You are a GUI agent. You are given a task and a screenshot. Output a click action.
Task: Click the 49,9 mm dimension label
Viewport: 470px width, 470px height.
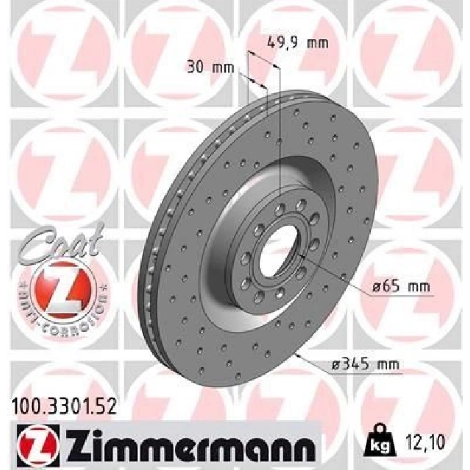click(297, 44)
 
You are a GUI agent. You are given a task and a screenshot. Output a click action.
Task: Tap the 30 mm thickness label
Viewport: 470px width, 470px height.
click(210, 68)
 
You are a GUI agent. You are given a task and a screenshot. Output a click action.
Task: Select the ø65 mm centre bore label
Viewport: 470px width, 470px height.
click(401, 287)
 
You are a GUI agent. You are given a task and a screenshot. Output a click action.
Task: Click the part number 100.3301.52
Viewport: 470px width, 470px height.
click(64, 408)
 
